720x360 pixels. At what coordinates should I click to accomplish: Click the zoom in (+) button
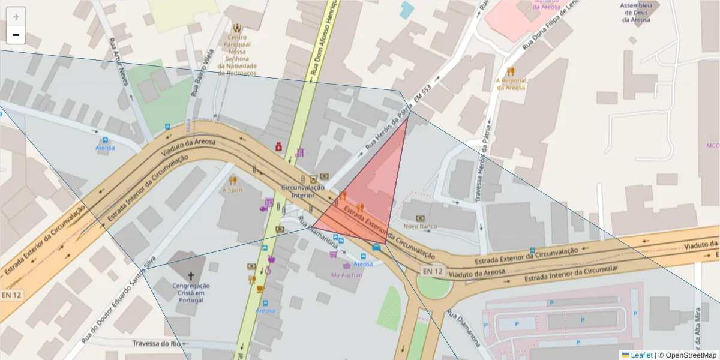point(16,17)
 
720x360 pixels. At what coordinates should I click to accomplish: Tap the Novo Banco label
point(419,226)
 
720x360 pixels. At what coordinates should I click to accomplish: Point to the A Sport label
point(233,190)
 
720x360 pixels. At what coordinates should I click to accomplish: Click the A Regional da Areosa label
point(511,83)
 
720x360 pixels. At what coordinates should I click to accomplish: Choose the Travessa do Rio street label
point(158,344)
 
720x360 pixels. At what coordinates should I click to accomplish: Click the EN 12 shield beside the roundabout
point(433,271)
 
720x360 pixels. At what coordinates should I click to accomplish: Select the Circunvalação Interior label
point(302,191)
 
